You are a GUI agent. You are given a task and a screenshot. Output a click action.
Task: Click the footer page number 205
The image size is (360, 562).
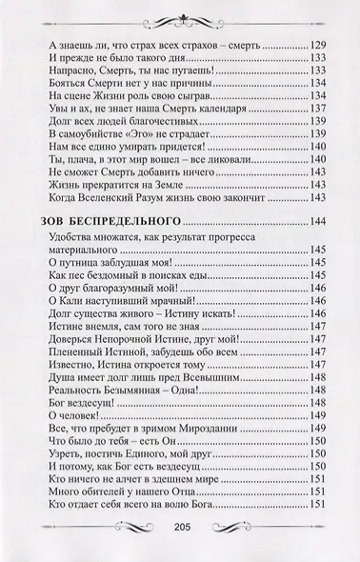click(185, 532)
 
